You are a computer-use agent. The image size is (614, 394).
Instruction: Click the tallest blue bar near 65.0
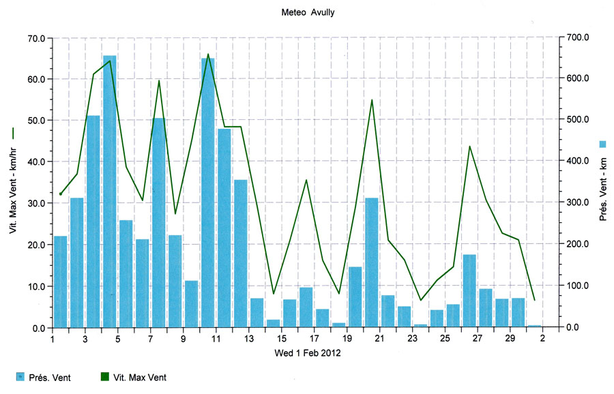pos(109,191)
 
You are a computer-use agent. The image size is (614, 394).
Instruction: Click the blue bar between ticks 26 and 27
pos(469,290)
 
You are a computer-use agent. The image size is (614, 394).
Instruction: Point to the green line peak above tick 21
pos(372,100)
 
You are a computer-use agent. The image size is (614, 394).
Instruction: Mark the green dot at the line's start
pos(61,194)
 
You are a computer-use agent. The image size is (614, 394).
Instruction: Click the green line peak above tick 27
pos(469,147)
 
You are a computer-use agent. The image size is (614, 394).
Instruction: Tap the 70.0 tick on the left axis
pos(35,38)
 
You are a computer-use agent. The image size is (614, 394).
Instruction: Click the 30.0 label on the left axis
pos(35,203)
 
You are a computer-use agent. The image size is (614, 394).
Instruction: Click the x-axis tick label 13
pos(249,339)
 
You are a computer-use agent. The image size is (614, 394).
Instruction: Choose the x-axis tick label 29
pos(510,339)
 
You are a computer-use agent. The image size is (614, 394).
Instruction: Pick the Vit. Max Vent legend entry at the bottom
pos(134,377)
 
